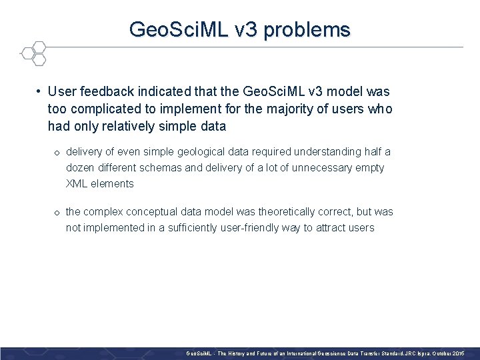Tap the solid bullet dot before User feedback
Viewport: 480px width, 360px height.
pyautogui.click(x=40, y=91)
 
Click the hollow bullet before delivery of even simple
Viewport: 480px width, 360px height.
pyautogui.click(x=57, y=153)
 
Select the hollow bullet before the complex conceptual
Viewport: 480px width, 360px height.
pyautogui.click(x=57, y=213)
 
